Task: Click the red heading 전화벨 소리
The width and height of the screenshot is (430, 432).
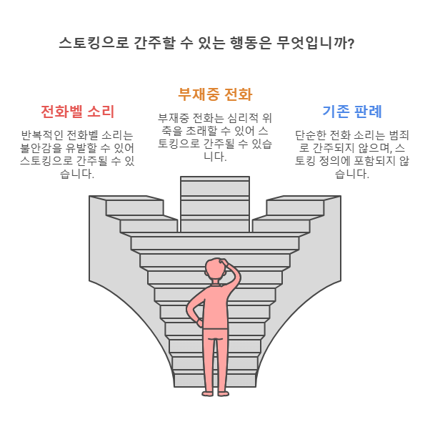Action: click(x=77, y=112)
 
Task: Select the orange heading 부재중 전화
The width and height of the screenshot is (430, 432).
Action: click(x=214, y=94)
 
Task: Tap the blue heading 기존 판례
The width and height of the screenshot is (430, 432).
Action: click(x=351, y=112)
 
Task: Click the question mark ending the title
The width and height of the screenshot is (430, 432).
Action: click(x=349, y=44)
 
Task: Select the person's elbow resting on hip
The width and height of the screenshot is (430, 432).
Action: click(x=191, y=312)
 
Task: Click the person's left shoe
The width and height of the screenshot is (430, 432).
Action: click(x=207, y=392)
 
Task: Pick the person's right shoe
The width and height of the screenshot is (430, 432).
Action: click(x=223, y=392)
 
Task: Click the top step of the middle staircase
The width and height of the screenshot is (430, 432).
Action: click(x=214, y=180)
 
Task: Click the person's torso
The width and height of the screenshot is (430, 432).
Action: click(x=214, y=304)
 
